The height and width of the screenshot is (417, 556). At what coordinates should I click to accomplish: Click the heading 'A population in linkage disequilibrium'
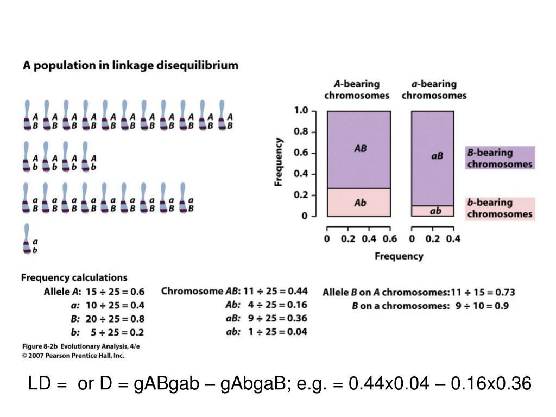click(x=130, y=66)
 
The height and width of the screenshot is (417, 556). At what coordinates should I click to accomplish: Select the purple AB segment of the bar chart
click(x=358, y=149)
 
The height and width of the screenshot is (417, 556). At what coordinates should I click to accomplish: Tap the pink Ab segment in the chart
click(x=358, y=203)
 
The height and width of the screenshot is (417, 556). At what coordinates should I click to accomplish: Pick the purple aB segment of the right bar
click(x=433, y=157)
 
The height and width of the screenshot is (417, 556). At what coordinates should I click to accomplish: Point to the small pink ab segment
click(x=433, y=211)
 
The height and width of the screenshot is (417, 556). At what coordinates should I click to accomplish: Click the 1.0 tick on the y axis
click(x=301, y=111)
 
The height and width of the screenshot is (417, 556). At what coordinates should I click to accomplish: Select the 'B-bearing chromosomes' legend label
click(x=500, y=158)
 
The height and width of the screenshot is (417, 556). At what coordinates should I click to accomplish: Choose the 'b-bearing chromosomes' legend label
click(x=500, y=208)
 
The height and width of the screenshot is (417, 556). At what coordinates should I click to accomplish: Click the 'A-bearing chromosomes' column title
click(x=357, y=90)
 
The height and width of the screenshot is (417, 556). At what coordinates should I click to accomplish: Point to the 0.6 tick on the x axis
click(x=389, y=239)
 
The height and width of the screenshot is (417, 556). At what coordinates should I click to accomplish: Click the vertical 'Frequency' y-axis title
click(x=279, y=162)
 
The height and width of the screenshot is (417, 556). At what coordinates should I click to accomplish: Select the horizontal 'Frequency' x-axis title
click(x=399, y=256)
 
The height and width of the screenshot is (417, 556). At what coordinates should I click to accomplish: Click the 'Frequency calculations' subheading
click(x=74, y=278)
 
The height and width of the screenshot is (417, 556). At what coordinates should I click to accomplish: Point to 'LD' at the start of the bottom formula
click(x=39, y=384)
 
